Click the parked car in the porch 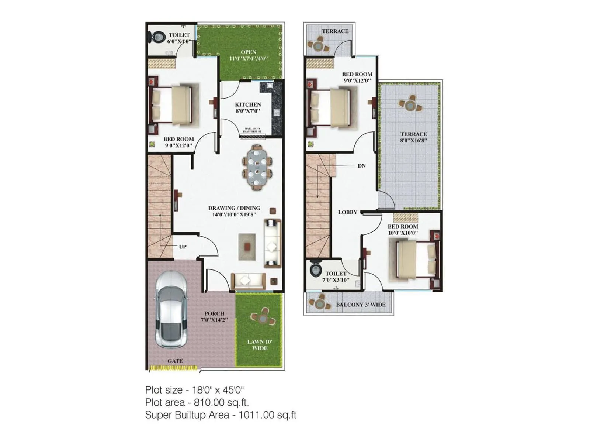coord(170,310)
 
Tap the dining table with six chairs coord(257,167)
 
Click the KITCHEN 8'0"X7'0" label coord(248,107)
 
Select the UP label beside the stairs coord(183,247)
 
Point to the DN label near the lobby coord(361,166)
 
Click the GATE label coord(175,361)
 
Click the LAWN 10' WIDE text coord(260,345)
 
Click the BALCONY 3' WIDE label coord(360,305)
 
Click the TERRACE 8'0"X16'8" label coord(413,137)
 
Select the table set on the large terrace coord(410,105)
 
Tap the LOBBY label coord(347,212)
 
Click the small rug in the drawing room coord(247,247)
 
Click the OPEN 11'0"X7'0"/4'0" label coord(248,55)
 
